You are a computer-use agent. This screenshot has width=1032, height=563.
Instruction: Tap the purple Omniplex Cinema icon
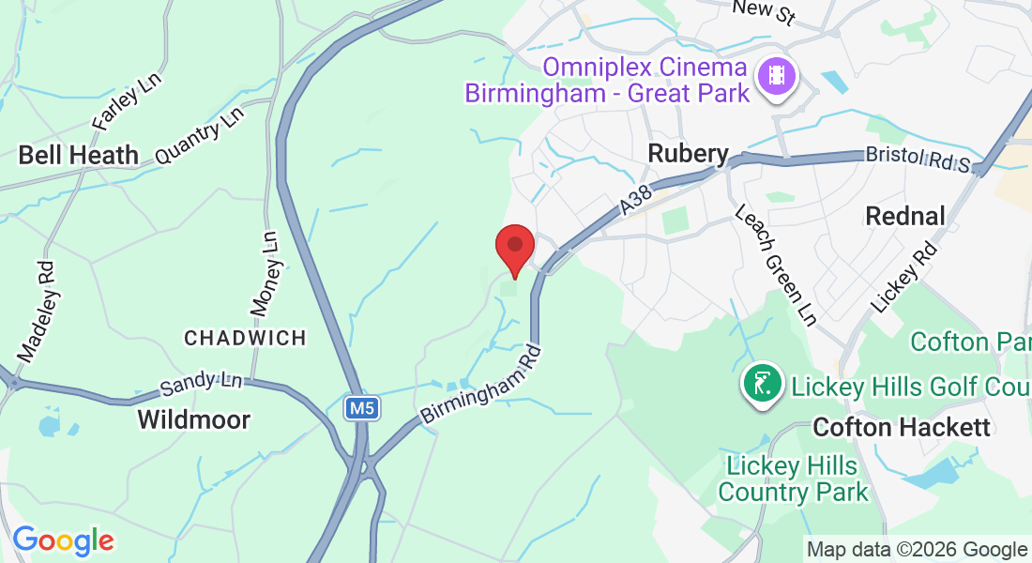776,74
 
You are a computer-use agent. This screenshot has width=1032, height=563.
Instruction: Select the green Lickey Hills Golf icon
762,383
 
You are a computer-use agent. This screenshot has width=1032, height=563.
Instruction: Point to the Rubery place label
689,154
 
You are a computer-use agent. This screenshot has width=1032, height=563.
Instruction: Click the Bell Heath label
79,155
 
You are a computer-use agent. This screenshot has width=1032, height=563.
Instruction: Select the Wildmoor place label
194,419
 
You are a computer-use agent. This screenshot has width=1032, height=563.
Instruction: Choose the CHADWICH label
246,338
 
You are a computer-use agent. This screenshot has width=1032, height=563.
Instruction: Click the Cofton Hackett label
902,428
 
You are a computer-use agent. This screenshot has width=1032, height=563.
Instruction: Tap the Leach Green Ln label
775,266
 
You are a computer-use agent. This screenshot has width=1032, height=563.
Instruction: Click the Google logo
63,540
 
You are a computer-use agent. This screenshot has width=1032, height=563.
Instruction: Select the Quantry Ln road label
199,137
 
